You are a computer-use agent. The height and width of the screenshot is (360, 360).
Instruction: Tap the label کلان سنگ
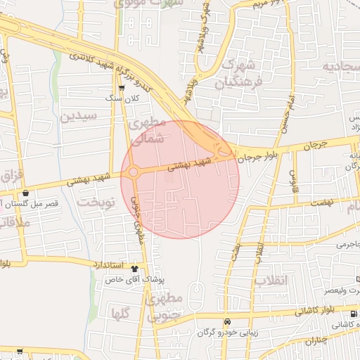pos(123,98)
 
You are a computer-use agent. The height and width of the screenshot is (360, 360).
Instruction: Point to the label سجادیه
pos(341,67)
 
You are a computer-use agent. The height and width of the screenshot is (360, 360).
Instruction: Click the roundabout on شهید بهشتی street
pos(132,172)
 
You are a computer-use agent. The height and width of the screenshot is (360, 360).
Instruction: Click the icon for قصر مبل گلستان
pos(26,193)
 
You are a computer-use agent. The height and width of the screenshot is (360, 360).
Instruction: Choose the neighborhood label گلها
pos(120,314)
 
